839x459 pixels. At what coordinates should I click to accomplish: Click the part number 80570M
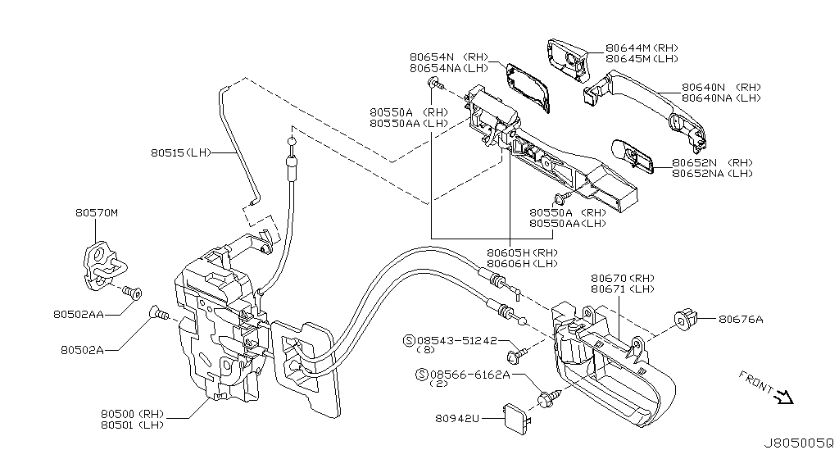pos(97,213)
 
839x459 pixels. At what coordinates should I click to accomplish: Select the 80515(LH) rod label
pos(181,152)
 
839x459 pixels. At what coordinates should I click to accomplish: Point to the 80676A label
pos(741,320)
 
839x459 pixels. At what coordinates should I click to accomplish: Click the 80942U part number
pos(457,418)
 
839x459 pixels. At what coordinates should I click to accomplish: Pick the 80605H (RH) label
pos(522,252)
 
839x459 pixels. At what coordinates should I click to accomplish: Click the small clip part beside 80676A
pos(685,317)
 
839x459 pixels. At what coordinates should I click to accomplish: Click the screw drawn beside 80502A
pos(158,312)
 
